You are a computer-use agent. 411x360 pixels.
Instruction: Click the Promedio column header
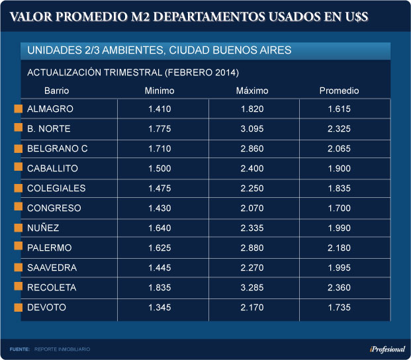pos(339,91)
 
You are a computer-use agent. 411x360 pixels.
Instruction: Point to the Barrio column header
pos(57,91)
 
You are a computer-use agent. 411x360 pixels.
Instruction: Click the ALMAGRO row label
pos(50,109)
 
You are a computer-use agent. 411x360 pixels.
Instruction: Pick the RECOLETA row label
pos(52,288)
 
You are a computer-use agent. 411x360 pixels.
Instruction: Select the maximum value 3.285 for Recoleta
pos(252,288)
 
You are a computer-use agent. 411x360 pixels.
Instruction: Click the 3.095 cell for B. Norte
pos(252,129)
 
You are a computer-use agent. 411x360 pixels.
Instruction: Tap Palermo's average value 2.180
pos(339,248)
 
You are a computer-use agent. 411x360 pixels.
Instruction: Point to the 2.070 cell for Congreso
pos(252,208)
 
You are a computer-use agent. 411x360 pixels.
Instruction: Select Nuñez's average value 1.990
pos(339,228)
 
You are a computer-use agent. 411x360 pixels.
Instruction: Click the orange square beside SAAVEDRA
pos(19,268)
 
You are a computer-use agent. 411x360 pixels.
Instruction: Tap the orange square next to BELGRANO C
pos(19,149)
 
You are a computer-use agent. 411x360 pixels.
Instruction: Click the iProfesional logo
pos(387,349)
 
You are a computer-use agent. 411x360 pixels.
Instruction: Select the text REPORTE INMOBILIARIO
pos(62,349)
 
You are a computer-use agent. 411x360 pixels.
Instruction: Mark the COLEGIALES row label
pos(56,189)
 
